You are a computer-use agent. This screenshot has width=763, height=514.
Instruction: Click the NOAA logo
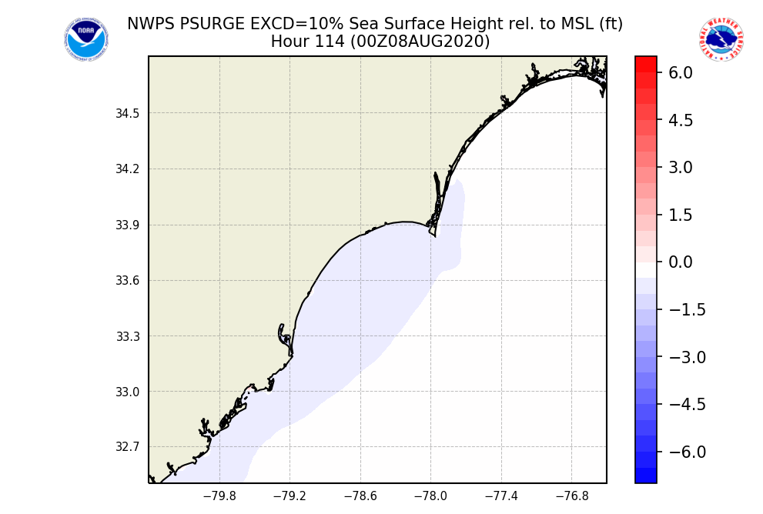85,39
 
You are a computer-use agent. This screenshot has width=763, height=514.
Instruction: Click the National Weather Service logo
721,39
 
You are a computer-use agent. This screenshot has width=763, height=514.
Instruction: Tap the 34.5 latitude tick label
128,114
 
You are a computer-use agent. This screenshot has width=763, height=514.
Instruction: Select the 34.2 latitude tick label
128,169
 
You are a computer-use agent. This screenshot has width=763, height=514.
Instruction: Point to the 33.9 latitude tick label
128,225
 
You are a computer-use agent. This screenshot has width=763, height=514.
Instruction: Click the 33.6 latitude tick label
128,281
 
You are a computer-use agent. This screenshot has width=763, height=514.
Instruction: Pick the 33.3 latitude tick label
128,336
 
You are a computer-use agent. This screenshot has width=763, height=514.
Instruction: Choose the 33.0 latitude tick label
128,392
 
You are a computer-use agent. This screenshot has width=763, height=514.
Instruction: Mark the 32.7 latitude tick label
128,447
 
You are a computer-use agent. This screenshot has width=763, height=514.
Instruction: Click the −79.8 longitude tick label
219,496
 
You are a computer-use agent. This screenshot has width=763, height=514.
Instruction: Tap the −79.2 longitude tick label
289,496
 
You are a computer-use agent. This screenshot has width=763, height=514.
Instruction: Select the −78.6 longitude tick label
360,496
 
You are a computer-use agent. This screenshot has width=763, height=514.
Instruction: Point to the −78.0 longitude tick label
430,496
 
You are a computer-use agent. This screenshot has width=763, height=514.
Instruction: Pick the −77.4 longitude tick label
501,496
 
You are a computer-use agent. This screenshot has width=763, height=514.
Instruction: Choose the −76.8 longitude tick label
571,496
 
